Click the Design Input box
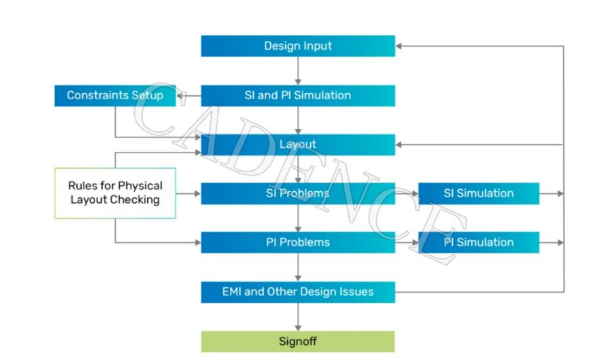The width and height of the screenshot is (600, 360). click(298, 46)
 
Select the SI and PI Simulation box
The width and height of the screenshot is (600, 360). click(298, 95)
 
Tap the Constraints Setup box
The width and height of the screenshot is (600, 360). click(115, 95)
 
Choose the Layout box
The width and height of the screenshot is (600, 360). click(298, 145)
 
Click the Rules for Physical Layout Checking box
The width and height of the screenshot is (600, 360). click(115, 193)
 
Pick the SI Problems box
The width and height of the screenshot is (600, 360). click(298, 193)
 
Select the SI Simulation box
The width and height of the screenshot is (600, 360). click(478, 193)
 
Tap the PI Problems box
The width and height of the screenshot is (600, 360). click(298, 242)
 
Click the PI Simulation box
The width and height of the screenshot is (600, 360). click(478, 242)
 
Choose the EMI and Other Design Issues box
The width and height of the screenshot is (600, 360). click(298, 292)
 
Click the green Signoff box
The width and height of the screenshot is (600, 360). click(298, 342)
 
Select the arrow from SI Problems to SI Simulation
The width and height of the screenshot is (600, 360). click(407, 194)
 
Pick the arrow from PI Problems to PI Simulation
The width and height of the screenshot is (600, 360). click(407, 242)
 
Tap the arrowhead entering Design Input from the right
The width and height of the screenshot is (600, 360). click(400, 46)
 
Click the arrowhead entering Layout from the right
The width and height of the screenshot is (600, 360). click(400, 145)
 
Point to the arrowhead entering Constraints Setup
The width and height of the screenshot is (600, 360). click(180, 96)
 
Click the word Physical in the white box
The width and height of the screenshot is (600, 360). click(140, 186)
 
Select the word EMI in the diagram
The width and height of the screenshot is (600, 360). click(232, 292)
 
